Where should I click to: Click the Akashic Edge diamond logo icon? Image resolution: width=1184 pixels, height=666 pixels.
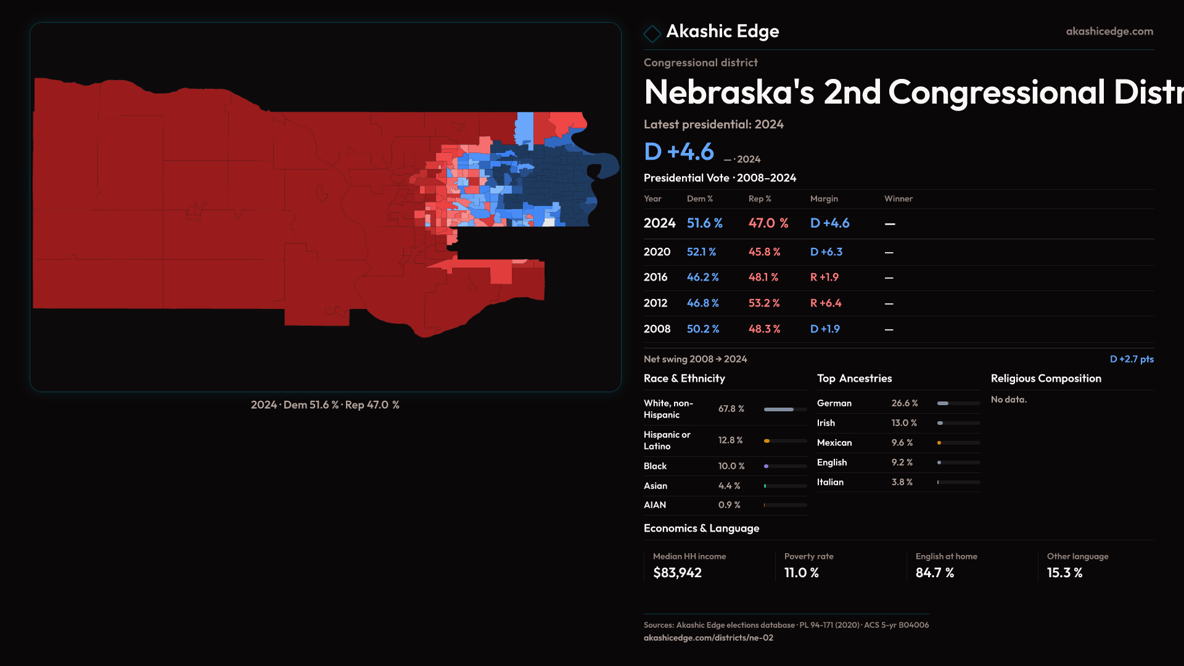[652, 33]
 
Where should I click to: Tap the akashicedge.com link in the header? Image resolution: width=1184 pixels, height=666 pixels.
[1109, 31]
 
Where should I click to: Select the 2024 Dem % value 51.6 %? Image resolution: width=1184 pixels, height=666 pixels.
[704, 223]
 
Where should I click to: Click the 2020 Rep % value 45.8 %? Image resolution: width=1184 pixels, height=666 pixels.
[764, 252]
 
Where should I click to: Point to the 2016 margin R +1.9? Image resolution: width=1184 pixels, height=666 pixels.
[824, 277]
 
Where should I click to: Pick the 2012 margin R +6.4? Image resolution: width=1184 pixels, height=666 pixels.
[825, 303]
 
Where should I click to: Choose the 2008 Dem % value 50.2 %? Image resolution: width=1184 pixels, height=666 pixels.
[703, 329]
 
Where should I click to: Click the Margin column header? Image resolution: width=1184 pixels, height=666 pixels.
[824, 199]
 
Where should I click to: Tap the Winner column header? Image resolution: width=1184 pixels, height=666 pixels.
[898, 199]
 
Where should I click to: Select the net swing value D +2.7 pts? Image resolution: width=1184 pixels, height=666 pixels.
[1131, 359]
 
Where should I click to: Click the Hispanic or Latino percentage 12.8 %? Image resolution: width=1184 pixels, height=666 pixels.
[730, 440]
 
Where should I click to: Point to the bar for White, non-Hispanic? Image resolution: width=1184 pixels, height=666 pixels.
[784, 409]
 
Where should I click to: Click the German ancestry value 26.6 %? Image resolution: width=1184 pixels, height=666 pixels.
[904, 403]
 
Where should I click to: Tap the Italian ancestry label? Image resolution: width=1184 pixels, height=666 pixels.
[830, 482]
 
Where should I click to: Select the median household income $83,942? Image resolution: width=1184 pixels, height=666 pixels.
[677, 573]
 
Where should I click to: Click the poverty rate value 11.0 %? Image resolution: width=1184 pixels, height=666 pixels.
[801, 573]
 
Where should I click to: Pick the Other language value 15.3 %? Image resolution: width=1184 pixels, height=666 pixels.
[1064, 573]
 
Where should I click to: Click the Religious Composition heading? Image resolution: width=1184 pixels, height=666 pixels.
[1046, 379]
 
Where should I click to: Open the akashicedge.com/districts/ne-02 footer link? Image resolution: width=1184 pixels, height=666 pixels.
[708, 638]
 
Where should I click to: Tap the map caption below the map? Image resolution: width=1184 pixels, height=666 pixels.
[325, 405]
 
